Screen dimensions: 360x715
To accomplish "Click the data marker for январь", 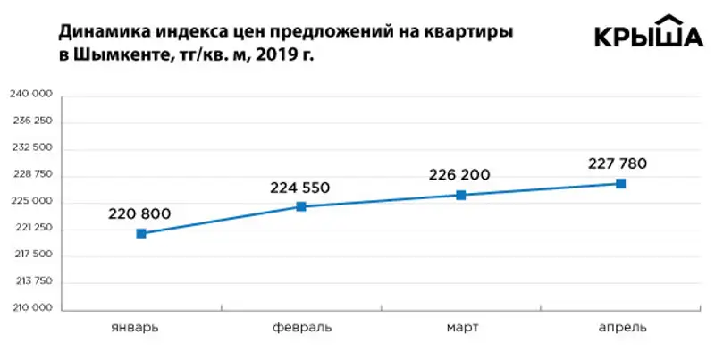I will [x=141, y=233].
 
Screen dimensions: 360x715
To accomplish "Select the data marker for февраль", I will [x=301, y=206].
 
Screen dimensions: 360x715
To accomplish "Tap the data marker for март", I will [x=461, y=195].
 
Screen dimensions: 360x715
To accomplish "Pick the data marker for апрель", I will [x=621, y=183].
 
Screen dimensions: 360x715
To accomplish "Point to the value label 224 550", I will [x=300, y=188].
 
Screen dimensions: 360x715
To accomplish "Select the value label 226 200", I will [x=460, y=175].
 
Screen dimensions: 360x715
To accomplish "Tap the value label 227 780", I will [x=618, y=163].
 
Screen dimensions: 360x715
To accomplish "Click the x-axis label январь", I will [x=136, y=327].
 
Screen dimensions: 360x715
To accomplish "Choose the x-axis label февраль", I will [x=301, y=327].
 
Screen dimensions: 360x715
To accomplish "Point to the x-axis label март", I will [x=462, y=327].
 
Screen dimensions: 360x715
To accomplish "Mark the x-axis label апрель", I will [x=622, y=327].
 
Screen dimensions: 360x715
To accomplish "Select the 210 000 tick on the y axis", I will [x=31, y=308].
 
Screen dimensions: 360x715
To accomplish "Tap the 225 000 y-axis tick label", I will [x=31, y=201].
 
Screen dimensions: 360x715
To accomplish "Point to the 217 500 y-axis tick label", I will [x=31, y=255].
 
